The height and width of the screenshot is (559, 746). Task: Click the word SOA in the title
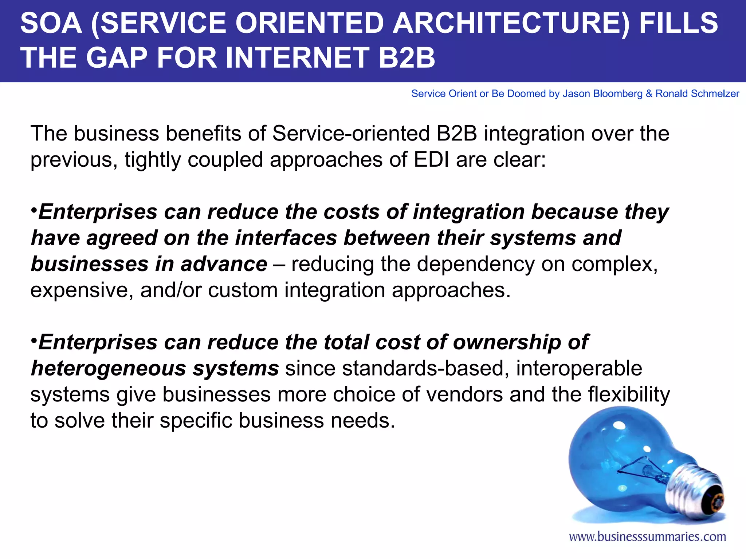pos(51,23)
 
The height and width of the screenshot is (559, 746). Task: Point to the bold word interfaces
pos(286,238)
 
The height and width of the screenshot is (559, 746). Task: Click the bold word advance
pos(224,264)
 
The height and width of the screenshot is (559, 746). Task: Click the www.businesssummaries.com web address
pos(647,536)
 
